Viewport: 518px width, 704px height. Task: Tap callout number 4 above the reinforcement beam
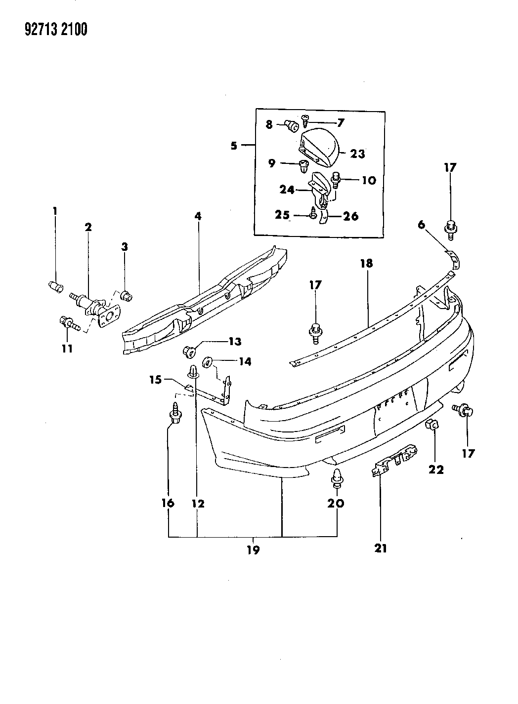[198, 216]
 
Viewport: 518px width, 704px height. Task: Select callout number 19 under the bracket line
[253, 549]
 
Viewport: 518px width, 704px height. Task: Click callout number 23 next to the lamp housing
[357, 154]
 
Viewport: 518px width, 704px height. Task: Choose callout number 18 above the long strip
[366, 263]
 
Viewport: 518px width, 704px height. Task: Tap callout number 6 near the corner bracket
[421, 225]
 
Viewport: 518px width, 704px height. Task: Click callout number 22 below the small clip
[436, 469]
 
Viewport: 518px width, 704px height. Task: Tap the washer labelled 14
[208, 362]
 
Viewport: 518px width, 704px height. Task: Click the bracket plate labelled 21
[394, 459]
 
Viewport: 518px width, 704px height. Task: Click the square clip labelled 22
[431, 424]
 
